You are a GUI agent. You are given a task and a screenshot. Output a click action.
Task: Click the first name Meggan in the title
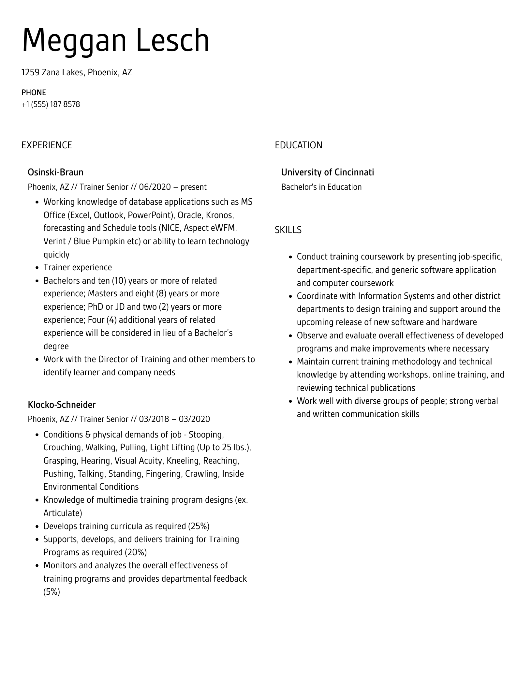pyautogui.click(x=73, y=41)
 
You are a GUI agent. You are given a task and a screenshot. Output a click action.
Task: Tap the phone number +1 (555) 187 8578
pyautogui.click(x=51, y=104)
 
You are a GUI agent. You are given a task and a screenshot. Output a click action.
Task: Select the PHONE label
pyautogui.click(x=34, y=93)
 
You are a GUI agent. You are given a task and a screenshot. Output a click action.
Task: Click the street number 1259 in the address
pyautogui.click(x=30, y=72)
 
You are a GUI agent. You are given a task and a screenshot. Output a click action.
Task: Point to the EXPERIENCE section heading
pyautogui.click(x=47, y=145)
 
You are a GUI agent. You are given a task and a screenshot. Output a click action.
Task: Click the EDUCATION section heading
pyautogui.click(x=298, y=145)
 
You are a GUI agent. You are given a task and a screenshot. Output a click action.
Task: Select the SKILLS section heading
pyautogui.click(x=288, y=230)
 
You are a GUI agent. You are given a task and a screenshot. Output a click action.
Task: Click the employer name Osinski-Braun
pyautogui.click(x=55, y=172)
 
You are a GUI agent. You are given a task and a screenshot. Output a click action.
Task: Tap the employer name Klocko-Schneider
pyautogui.click(x=62, y=405)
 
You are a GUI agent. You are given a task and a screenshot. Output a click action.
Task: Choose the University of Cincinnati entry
pyautogui.click(x=327, y=172)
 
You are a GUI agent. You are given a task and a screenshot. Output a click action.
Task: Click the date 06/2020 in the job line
pyautogui.click(x=155, y=187)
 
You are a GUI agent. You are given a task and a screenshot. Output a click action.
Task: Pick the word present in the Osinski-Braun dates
pyautogui.click(x=193, y=187)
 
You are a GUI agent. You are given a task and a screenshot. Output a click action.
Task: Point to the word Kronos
pyautogui.click(x=220, y=215)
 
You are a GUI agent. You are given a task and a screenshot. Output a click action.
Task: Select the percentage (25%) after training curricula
pyautogui.click(x=199, y=526)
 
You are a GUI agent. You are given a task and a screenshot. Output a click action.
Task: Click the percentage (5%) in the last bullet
pyautogui.click(x=52, y=592)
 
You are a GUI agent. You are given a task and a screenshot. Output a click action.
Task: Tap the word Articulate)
pyautogui.click(x=63, y=513)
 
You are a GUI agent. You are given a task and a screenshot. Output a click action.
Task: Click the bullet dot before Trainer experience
pyautogui.click(x=37, y=268)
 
